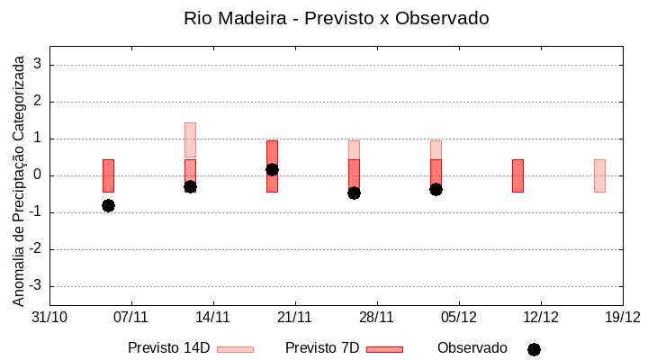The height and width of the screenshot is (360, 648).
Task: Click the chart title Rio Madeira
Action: click(336, 19)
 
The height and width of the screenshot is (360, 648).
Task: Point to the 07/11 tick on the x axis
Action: click(130, 317)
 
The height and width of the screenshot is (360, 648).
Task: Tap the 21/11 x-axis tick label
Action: click(294, 317)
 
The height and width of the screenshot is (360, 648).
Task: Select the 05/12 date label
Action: click(459, 317)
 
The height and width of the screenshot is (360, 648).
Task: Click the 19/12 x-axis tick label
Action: click(622, 317)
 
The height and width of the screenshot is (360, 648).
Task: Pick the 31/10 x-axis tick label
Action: click(49, 317)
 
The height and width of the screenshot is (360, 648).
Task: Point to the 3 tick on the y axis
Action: click(39, 65)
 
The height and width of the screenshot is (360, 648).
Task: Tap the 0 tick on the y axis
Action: click(39, 175)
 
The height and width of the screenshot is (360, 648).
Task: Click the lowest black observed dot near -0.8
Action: click(108, 205)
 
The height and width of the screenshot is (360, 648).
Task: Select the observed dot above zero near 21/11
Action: click(272, 169)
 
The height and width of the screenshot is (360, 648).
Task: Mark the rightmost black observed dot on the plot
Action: click(436, 189)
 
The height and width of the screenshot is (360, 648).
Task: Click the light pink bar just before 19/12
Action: click(599, 175)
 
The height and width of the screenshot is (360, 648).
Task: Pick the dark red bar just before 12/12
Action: click(517, 175)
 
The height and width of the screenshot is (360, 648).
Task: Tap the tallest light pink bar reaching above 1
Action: click(190, 139)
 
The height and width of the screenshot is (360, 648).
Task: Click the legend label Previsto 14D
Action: click(168, 348)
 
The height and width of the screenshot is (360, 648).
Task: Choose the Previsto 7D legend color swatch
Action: click(384, 349)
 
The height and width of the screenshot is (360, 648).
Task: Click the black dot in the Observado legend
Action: click(534, 349)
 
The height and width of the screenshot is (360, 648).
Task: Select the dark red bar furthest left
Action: click(108, 175)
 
